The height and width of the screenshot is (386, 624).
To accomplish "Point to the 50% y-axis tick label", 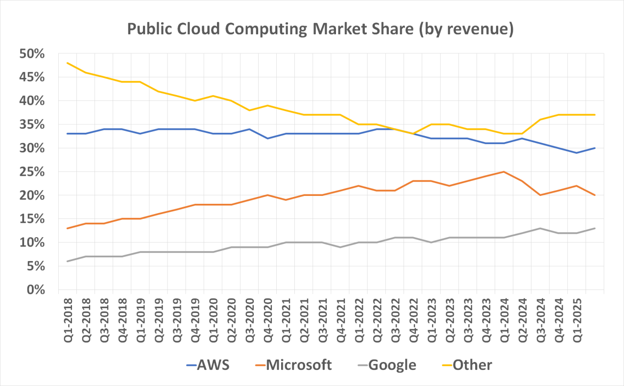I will coord(31,54).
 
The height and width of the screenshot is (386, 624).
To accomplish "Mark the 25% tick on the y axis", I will coord(31,172).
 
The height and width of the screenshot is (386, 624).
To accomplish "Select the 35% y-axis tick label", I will coord(31,125).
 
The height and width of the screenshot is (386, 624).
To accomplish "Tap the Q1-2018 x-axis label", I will coord(67,319).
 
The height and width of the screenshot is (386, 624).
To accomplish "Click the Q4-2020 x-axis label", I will coord(268,319).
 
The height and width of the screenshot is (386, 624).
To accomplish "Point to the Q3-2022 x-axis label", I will coord(395,319).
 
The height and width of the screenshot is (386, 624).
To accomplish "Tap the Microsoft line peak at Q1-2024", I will coord(504,172).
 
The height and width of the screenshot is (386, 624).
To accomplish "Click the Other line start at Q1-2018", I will coord(67,63).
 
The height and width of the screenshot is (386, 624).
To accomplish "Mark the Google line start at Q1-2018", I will coord(67,262).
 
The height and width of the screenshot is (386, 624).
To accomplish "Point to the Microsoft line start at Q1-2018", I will coord(67,228).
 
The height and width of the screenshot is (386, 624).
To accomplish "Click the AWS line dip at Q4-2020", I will coord(268,139).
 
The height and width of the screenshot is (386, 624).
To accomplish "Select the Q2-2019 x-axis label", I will coord(159,319).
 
